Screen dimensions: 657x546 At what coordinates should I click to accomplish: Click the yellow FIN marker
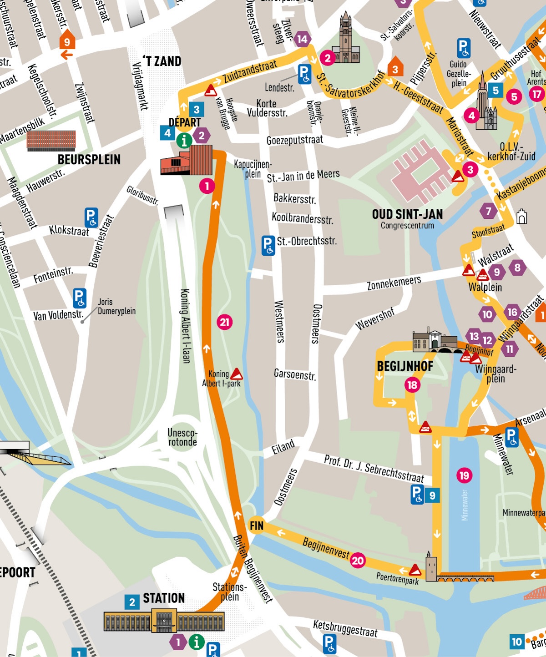point(256,526)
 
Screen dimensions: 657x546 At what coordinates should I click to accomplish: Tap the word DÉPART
point(184,122)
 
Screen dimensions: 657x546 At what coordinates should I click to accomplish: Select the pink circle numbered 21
point(224,322)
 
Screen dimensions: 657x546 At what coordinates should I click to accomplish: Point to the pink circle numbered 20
point(358,561)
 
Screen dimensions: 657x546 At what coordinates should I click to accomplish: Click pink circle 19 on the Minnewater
point(464,475)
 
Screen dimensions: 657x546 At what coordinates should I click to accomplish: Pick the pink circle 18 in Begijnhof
point(412,385)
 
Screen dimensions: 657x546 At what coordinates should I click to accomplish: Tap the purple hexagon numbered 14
point(303,40)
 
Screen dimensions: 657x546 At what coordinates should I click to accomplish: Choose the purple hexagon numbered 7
point(488,211)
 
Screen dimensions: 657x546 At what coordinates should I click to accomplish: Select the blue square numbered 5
point(495,91)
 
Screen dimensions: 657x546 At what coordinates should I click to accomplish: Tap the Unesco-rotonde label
point(182,437)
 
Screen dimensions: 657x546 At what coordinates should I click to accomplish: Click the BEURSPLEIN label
point(89,160)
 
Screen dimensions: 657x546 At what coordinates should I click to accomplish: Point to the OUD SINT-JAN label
point(407,214)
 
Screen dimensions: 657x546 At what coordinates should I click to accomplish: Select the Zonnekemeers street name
point(394,283)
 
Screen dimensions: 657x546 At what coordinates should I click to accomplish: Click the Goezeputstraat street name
point(294,140)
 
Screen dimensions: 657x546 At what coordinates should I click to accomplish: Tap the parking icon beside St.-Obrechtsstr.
point(268,245)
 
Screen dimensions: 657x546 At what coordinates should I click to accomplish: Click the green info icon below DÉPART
point(184,141)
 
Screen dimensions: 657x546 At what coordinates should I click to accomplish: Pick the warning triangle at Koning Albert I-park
point(237,374)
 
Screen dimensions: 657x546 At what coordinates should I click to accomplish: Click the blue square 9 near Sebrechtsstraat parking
point(432,495)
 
